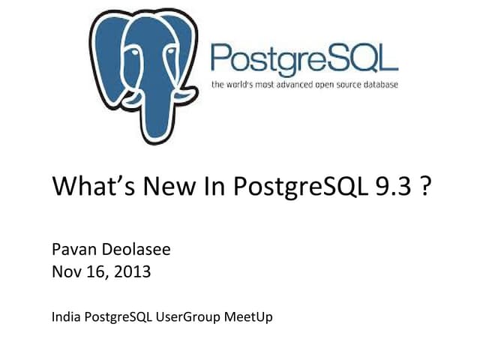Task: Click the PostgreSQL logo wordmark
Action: click(x=304, y=58)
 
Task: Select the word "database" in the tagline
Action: click(x=377, y=85)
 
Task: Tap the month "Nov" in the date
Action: click(x=65, y=271)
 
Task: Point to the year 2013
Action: click(x=131, y=271)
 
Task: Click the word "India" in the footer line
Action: click(x=64, y=316)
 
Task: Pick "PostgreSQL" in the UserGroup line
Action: click(x=117, y=316)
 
